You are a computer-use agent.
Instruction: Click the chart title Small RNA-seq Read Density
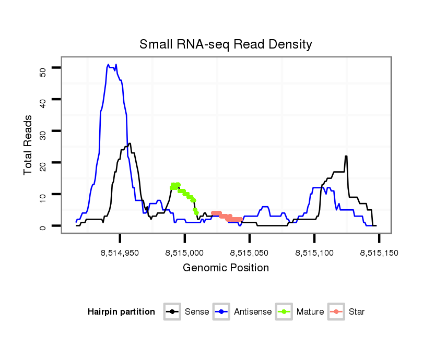[x=226, y=44]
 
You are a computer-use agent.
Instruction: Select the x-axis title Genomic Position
[x=226, y=268]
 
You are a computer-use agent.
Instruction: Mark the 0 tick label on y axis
[x=43, y=226]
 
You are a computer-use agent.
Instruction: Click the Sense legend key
[x=172, y=312]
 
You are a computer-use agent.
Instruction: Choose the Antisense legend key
[x=221, y=312]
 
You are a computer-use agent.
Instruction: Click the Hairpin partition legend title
[x=121, y=312]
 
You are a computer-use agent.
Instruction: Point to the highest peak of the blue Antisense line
[x=109, y=65]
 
